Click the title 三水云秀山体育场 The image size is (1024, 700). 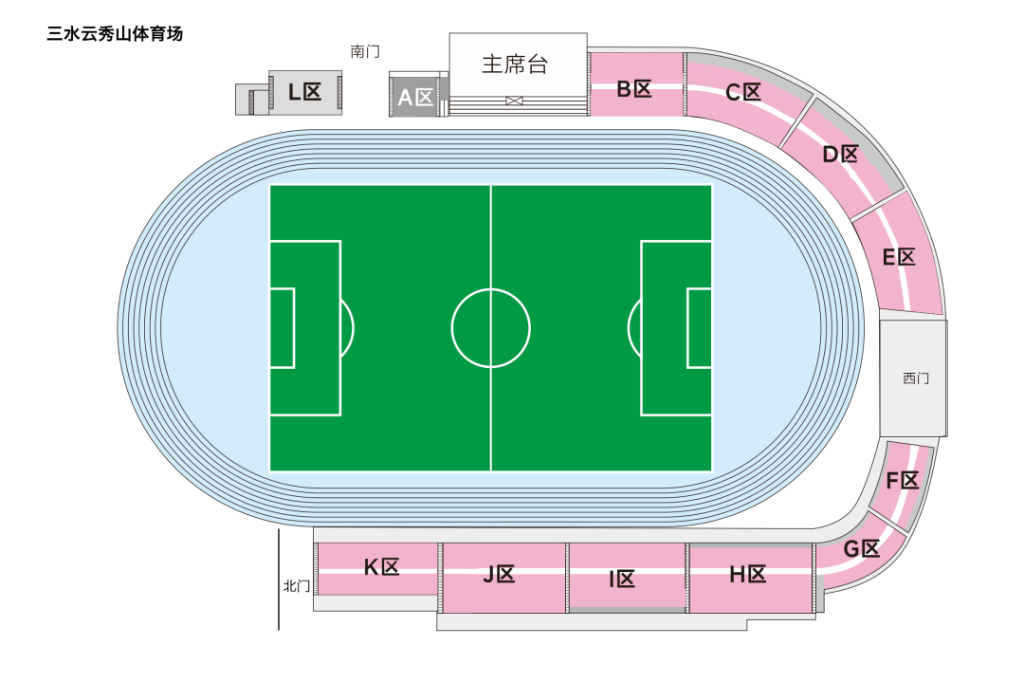tap(115, 34)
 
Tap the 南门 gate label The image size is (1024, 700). tap(365, 51)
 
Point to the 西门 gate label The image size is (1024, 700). tap(916, 378)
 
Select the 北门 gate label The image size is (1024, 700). tap(297, 585)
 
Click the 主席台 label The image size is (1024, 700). tap(515, 64)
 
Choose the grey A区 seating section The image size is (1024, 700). tap(415, 96)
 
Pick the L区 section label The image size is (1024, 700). tap(305, 91)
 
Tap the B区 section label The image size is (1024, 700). tap(634, 88)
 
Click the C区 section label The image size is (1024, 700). tap(743, 92)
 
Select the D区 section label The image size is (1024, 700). tap(840, 155)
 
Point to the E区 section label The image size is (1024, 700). tap(899, 257)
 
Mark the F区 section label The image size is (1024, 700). tap(903, 480)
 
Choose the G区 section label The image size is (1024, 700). tap(861, 548)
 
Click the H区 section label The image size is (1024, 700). tap(748, 575)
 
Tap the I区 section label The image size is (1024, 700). tap(622, 579)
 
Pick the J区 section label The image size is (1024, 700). tap(499, 575)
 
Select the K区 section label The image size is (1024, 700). tap(381, 566)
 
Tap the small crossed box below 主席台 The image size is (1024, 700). tap(515, 101)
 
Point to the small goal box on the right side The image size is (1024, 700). tap(700, 328)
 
